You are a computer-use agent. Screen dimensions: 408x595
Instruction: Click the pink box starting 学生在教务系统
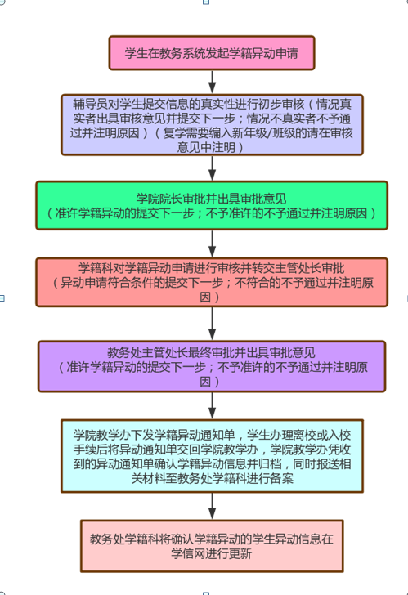tap(212, 53)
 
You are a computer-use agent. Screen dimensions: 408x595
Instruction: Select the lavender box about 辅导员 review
tap(212, 125)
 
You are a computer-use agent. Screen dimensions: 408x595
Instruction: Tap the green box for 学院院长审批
tap(212, 206)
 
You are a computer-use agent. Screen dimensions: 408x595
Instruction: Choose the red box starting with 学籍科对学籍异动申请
tap(212, 282)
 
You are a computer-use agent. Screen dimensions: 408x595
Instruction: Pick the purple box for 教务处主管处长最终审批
tap(212, 366)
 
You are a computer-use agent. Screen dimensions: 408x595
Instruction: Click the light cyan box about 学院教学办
tap(212, 456)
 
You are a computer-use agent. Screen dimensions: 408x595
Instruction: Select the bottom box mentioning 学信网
tap(212, 546)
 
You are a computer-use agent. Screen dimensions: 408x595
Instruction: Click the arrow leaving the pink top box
tap(212, 82)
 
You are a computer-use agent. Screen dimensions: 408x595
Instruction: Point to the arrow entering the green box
tap(212, 168)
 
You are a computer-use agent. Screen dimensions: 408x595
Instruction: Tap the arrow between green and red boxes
tap(212, 244)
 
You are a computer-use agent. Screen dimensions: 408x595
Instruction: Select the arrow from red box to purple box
tap(212, 324)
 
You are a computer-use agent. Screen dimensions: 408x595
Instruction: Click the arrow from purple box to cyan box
tap(212, 405)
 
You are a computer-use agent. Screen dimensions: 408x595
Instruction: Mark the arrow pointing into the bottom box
tap(212, 506)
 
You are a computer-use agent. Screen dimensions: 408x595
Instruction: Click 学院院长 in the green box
tap(159, 199)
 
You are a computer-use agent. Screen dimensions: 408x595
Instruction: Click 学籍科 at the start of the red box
tap(96, 268)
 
